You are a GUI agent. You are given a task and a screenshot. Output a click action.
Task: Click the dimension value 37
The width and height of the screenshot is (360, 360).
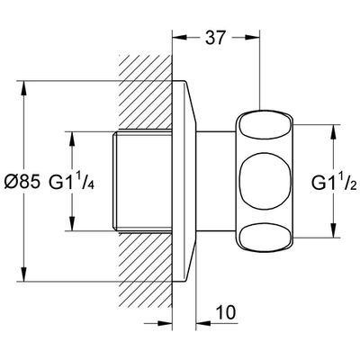tap(215, 38)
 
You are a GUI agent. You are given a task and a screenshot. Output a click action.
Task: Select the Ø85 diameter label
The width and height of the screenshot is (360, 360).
tap(22, 182)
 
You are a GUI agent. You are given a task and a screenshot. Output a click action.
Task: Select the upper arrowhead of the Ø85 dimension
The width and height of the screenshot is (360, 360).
tap(24, 89)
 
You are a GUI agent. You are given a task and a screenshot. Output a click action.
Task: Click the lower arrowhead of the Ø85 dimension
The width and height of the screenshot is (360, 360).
tap(24, 274)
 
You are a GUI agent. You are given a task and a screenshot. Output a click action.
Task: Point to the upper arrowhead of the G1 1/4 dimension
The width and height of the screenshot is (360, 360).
tap(72, 139)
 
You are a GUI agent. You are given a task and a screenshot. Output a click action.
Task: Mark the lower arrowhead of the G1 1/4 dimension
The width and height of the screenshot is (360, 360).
tap(72, 223)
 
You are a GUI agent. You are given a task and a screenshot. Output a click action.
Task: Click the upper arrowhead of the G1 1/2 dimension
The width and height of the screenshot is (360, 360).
tap(334, 132)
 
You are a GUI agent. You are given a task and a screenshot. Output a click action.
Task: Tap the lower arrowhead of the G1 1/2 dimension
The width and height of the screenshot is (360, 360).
tap(334, 230)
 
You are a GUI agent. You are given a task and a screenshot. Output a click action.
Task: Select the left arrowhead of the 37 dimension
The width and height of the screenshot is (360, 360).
tap(180, 37)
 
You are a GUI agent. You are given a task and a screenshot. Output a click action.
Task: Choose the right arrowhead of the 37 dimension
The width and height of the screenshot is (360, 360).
tap(252, 37)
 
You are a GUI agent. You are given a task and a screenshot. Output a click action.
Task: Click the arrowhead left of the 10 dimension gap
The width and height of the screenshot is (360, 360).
tap(165, 323)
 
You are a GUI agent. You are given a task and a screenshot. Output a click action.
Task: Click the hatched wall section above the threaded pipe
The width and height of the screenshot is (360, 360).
tap(145, 93)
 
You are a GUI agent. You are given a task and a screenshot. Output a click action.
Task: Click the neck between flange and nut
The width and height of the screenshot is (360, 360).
tap(215, 181)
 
